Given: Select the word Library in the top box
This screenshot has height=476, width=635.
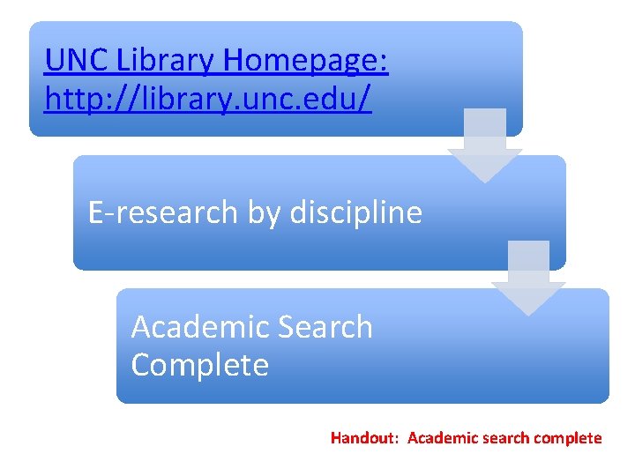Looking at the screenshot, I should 168,61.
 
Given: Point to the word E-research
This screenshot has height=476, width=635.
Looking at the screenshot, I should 163,212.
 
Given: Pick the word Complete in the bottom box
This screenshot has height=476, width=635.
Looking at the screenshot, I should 199,364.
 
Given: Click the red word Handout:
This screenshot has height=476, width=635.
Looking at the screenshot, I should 366,438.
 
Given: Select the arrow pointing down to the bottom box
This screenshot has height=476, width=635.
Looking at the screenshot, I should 527,277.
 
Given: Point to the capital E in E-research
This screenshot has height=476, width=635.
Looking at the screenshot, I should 97,212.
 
